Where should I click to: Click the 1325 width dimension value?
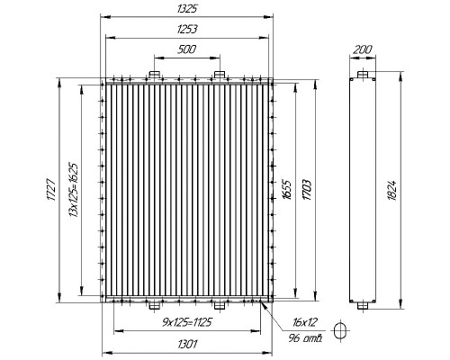(x=186, y=9)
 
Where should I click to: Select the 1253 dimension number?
(x=186, y=30)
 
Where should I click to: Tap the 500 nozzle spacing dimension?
(x=186, y=49)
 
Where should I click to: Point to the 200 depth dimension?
(x=362, y=49)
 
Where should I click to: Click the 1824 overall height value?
(x=392, y=190)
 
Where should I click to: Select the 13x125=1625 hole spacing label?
(x=74, y=190)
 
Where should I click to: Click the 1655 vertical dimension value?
(x=286, y=190)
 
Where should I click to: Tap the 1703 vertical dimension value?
(x=307, y=190)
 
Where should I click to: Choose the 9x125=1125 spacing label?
(x=187, y=322)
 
